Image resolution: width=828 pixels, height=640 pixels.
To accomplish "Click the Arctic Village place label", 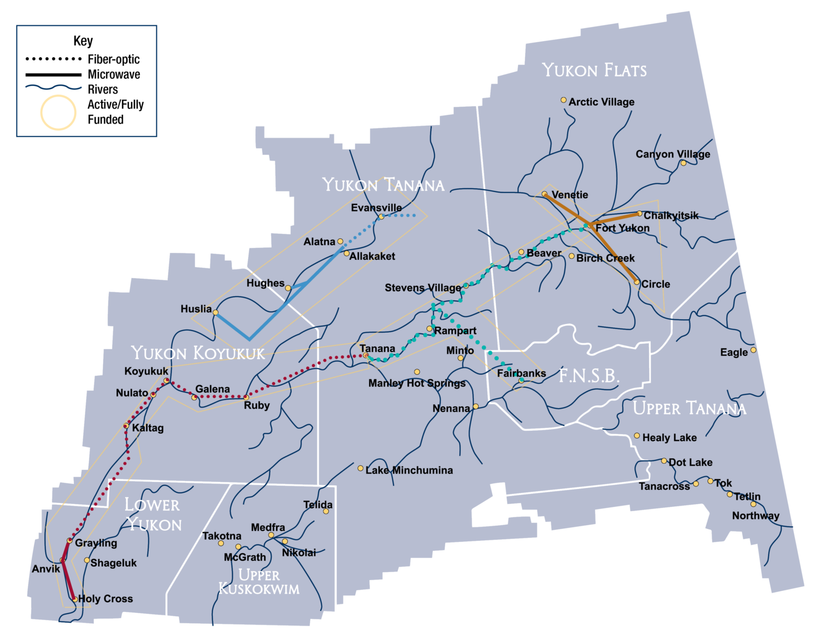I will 601,102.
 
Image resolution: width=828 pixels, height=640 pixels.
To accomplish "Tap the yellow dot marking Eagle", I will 753,350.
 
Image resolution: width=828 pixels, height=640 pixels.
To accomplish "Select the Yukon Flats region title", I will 594,70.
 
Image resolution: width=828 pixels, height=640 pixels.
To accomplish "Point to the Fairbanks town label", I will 521,373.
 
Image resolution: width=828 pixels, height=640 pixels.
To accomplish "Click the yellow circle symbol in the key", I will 58,113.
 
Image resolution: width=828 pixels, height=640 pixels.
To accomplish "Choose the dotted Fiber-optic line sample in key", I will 53,59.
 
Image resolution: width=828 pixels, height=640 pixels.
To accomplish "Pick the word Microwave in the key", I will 114,74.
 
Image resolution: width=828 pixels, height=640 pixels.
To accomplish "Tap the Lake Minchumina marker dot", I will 361,468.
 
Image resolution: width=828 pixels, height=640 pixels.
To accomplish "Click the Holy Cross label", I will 106,598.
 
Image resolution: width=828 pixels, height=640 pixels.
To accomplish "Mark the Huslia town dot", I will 216,312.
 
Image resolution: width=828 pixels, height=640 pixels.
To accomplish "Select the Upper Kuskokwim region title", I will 259,582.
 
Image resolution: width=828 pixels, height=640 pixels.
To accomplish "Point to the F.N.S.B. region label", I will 589,376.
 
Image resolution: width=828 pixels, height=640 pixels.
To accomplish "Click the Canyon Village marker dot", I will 683,163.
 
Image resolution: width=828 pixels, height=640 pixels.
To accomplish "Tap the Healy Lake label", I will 670,438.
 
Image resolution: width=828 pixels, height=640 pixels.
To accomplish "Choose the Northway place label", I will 755,515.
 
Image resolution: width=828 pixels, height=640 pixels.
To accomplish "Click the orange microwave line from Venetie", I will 566,209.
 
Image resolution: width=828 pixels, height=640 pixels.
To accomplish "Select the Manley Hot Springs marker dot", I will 417,372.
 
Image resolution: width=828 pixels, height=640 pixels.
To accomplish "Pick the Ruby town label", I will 257,405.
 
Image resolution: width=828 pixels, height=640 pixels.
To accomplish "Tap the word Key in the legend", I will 83,41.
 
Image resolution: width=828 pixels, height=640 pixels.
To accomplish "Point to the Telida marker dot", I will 326,511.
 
